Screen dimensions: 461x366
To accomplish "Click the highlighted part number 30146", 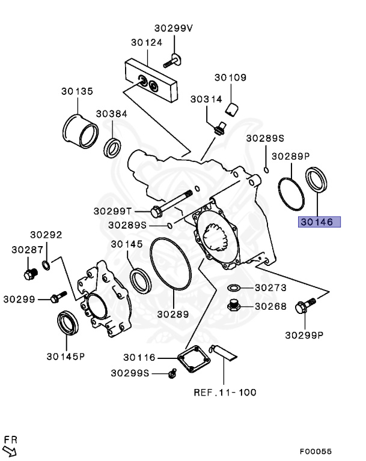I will (320, 222).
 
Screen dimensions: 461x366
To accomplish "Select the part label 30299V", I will (174, 28).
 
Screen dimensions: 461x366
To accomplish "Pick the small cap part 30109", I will (233, 108).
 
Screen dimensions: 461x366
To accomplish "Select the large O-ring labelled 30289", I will (170, 265).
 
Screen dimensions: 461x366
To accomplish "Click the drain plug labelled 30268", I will (235, 306).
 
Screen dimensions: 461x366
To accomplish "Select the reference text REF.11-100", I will (224, 393).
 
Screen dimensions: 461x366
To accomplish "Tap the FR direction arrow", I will (11, 447).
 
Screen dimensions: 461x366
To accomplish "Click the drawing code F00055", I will (315, 451).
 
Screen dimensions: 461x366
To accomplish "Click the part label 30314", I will (206, 98).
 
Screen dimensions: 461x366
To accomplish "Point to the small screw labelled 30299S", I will (172, 373).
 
